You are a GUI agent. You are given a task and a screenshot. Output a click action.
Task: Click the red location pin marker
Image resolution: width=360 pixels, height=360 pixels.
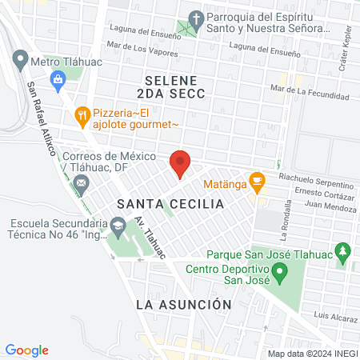pyautogui.click(x=180, y=162)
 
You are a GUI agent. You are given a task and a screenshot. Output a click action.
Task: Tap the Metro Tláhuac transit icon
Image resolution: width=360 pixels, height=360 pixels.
pyautogui.click(x=20, y=59)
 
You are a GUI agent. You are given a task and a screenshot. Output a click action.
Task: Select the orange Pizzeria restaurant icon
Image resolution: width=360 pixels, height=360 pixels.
pyautogui.click(x=82, y=114)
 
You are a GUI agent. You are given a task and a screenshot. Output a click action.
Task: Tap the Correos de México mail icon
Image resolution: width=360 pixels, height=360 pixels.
pyautogui.click(x=80, y=183)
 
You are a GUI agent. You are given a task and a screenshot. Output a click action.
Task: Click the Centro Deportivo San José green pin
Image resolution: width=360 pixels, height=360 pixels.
pyautogui.click(x=280, y=274)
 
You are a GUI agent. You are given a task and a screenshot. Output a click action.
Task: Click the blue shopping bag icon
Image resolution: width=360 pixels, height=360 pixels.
pyautogui.click(x=58, y=78)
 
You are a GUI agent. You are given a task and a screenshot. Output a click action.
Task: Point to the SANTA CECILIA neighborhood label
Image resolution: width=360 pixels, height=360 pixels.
pyautogui.click(x=170, y=204)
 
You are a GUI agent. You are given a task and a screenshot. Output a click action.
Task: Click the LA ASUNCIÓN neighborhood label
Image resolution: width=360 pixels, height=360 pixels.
pyautogui.click(x=183, y=305)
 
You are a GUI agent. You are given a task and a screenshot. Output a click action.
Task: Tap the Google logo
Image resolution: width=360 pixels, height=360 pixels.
pyautogui.click(x=27, y=350)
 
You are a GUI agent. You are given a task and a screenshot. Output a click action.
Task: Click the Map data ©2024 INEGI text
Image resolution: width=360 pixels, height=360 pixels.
pyautogui.click(x=313, y=354)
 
